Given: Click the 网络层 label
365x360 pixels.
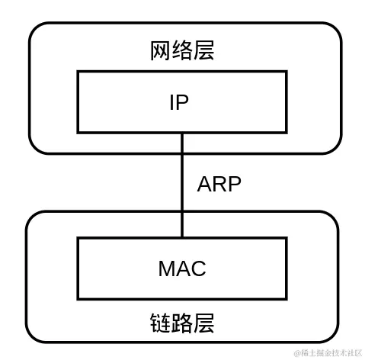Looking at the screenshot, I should pos(182,51).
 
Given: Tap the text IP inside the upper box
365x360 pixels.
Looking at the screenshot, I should pos(179,102).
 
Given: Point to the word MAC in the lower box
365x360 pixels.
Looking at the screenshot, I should pos(182,268).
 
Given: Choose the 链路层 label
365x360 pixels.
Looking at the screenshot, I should pos(182,323).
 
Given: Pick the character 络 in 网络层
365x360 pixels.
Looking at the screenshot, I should pos(182,51).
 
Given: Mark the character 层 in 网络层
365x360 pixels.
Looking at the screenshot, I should pos(203,51).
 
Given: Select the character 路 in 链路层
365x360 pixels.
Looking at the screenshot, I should pos(182,323).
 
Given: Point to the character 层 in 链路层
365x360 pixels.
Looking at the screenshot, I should pos(203,323).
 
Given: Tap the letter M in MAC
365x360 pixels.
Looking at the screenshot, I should pos(166,268).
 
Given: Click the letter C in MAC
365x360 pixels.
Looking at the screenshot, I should pos(198,268).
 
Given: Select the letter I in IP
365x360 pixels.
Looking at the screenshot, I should pos(171,102).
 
